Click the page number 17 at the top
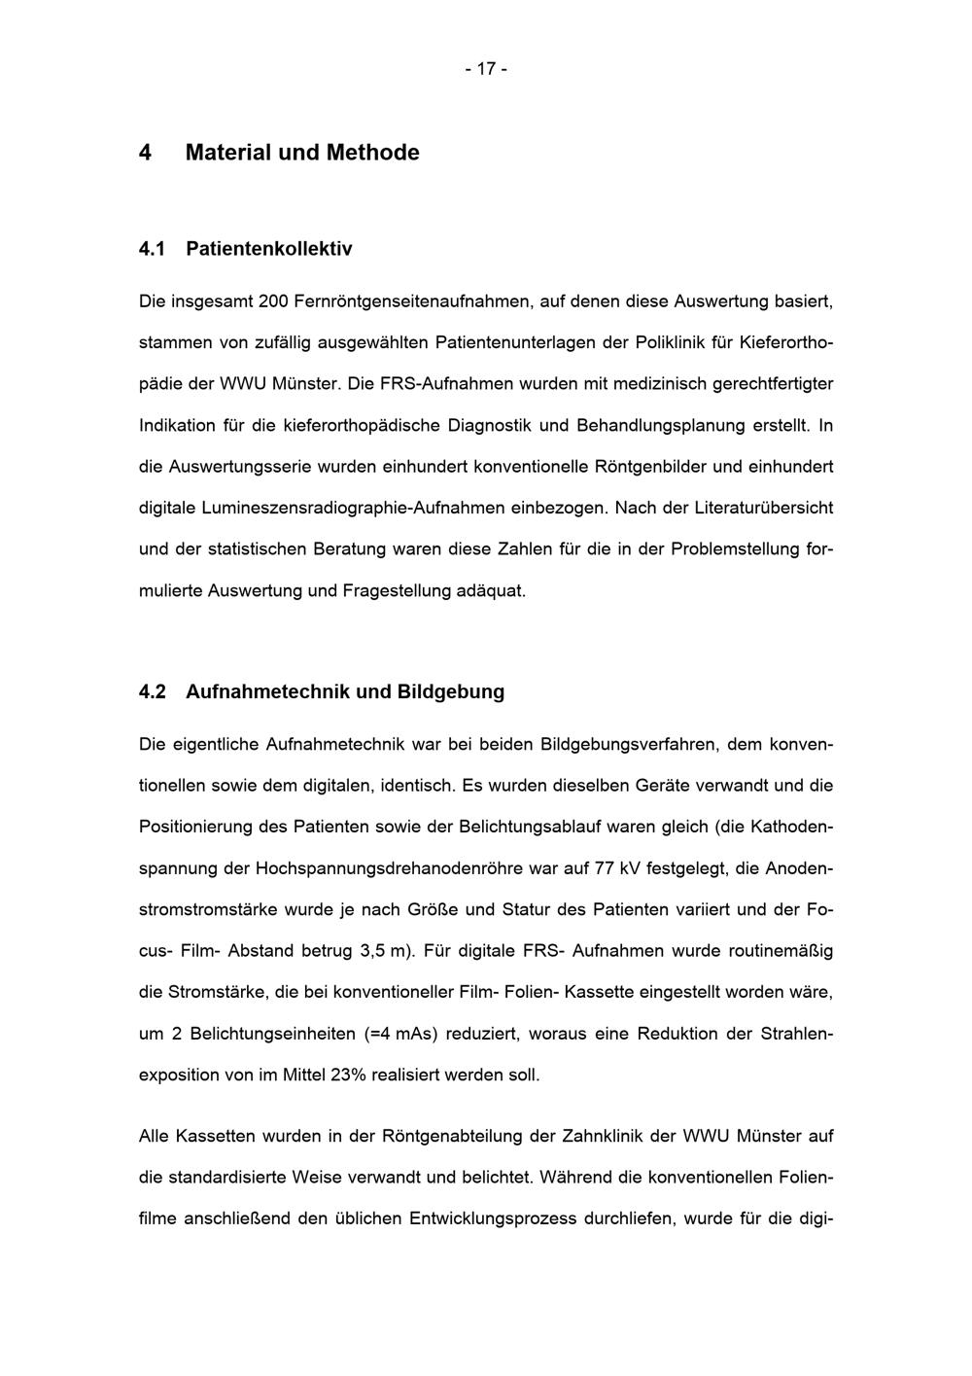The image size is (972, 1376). point(486,69)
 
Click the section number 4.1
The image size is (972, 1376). point(153,249)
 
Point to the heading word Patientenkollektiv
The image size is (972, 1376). point(268,249)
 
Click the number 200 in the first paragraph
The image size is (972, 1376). point(273,301)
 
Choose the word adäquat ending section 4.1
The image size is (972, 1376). point(490,590)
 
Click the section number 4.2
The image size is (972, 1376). point(153,692)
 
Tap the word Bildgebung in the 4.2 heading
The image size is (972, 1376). point(450,692)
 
